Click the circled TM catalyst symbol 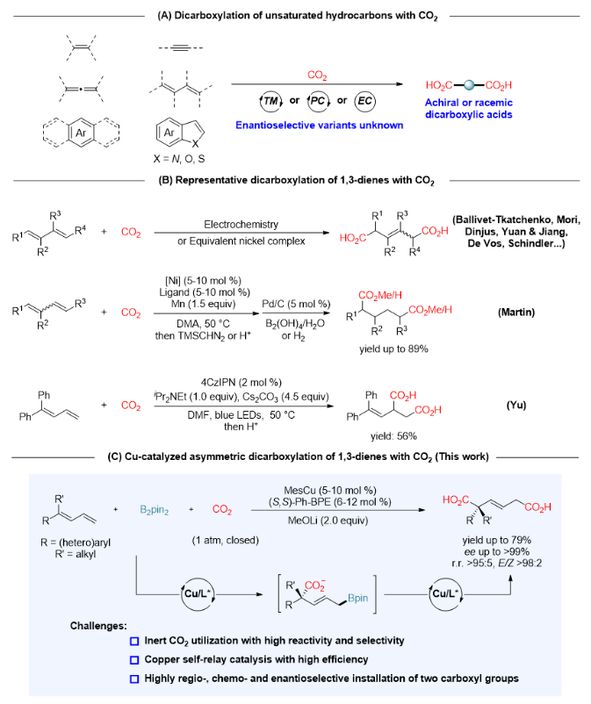[x=249, y=100]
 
